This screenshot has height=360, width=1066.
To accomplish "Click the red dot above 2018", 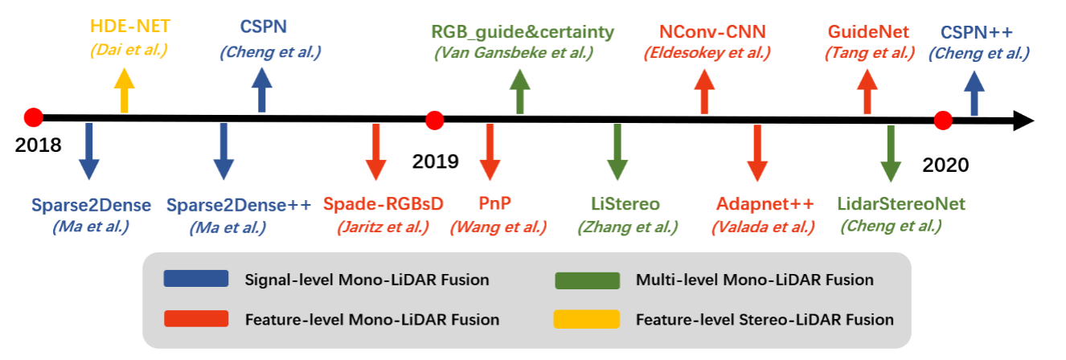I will pos(33,117).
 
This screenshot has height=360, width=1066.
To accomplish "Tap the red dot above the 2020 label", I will pos(943,121).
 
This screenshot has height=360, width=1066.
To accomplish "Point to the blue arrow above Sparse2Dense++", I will pos(223,150).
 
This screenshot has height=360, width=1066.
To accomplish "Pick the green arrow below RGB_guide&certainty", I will pos(520,90).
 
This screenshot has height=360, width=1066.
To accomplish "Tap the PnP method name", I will pos(489,204).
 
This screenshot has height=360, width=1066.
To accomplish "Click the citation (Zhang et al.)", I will pos(628,227).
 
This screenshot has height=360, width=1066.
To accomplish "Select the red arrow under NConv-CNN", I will pos(704,90).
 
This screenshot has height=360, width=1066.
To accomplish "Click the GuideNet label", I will pos(869,32).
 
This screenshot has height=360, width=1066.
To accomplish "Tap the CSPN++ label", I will pos(977,32).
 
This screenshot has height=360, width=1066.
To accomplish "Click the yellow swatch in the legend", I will pos(586,319).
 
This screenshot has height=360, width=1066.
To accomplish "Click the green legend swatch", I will pos(586,280).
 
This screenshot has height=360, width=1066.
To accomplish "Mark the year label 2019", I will pos(435,161).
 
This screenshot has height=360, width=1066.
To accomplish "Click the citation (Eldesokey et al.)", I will pos(707,54).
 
